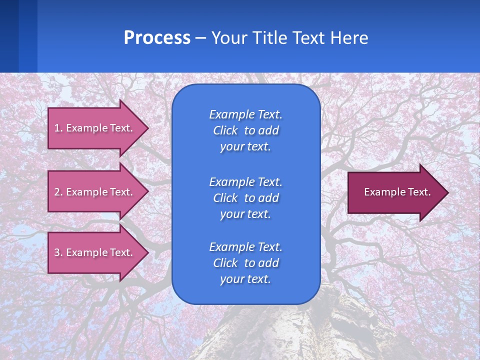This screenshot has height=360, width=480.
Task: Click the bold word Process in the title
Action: (157, 38)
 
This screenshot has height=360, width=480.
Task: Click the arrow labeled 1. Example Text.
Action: (95, 128)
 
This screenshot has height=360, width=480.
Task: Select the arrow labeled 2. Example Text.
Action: (95, 192)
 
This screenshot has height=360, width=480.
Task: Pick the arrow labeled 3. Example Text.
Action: (95, 252)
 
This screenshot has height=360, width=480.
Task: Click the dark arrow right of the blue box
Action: (395, 192)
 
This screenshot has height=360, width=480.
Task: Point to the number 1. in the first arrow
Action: (58, 128)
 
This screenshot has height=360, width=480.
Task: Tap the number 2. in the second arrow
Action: (58, 192)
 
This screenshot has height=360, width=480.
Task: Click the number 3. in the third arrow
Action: (58, 252)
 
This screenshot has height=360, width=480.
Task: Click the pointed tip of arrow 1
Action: (146, 128)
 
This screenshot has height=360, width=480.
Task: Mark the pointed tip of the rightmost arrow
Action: (446, 192)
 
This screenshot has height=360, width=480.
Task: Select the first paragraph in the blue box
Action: (246, 130)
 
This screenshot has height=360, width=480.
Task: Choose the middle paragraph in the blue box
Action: (246, 198)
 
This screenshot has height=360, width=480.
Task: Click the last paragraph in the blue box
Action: (246, 263)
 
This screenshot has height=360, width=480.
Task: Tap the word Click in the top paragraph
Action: (225, 130)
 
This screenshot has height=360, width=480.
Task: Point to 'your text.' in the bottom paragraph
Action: (245, 279)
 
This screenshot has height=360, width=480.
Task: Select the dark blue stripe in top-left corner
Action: (9, 36)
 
